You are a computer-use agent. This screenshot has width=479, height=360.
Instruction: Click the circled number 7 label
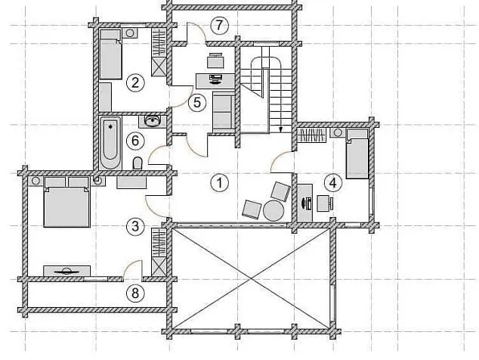coord(219,25)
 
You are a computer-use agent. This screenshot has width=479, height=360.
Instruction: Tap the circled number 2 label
coord(135,82)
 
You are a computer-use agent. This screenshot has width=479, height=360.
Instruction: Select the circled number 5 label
coord(197,102)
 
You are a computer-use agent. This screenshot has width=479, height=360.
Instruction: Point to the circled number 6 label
coord(135,141)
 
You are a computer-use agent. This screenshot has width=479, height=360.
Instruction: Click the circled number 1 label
coord(219,183)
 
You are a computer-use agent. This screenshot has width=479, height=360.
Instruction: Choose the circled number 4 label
coord(332,183)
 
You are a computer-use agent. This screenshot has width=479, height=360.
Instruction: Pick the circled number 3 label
coord(135,227)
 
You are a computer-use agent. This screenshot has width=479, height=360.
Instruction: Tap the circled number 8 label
coord(135,293)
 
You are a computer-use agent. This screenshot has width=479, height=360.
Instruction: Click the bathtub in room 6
coord(110,143)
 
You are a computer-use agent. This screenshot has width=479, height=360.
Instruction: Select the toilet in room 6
coord(138,163)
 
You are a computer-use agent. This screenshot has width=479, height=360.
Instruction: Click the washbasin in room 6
coord(153,122)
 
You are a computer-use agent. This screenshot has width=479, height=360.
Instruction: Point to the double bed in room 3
coord(67,202)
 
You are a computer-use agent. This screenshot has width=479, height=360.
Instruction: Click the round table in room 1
coord(273,210)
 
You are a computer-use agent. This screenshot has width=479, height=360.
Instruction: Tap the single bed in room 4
coord(357,154)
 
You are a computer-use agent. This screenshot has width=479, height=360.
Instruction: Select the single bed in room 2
coord(110,54)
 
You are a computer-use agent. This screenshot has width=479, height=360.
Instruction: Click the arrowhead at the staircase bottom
coord(280,130)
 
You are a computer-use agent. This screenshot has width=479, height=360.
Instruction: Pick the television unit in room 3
coord(67,271)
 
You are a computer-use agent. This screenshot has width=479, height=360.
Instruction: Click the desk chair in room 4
coord(325,203)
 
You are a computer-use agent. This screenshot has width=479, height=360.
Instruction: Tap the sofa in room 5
coord(224,111)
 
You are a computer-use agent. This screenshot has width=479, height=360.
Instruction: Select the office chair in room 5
coord(215,61)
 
